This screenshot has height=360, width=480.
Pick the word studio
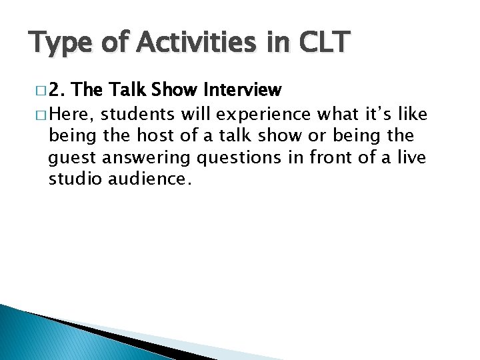pos(75,180)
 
